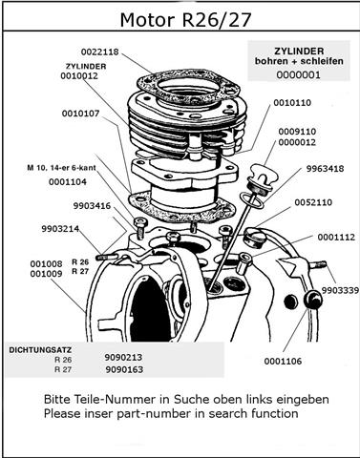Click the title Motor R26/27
pyautogui.click(x=180, y=19)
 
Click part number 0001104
pyautogui.click(x=67, y=182)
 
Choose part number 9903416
pyautogui.click(x=91, y=205)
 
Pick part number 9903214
pyautogui.click(x=60, y=229)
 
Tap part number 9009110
pyautogui.click(x=297, y=132)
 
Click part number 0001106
pyautogui.click(x=285, y=362)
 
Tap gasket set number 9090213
pyautogui.click(x=123, y=356)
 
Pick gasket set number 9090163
pyautogui.click(x=123, y=367)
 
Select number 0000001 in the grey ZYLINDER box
pyautogui.click(x=301, y=75)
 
